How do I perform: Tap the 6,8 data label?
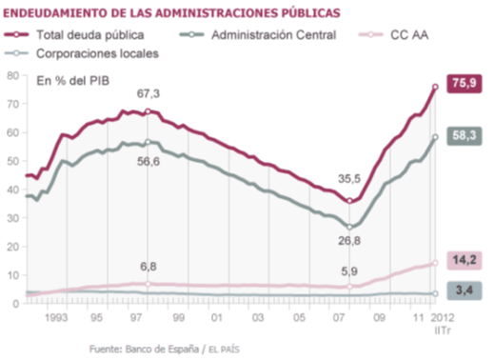149,267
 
